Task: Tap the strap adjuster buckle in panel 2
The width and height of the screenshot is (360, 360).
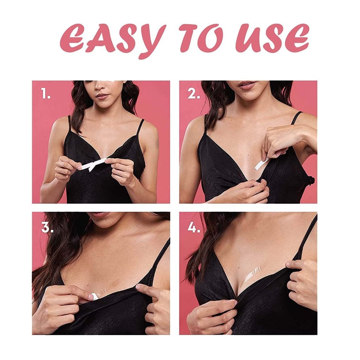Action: coord(311,181)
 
